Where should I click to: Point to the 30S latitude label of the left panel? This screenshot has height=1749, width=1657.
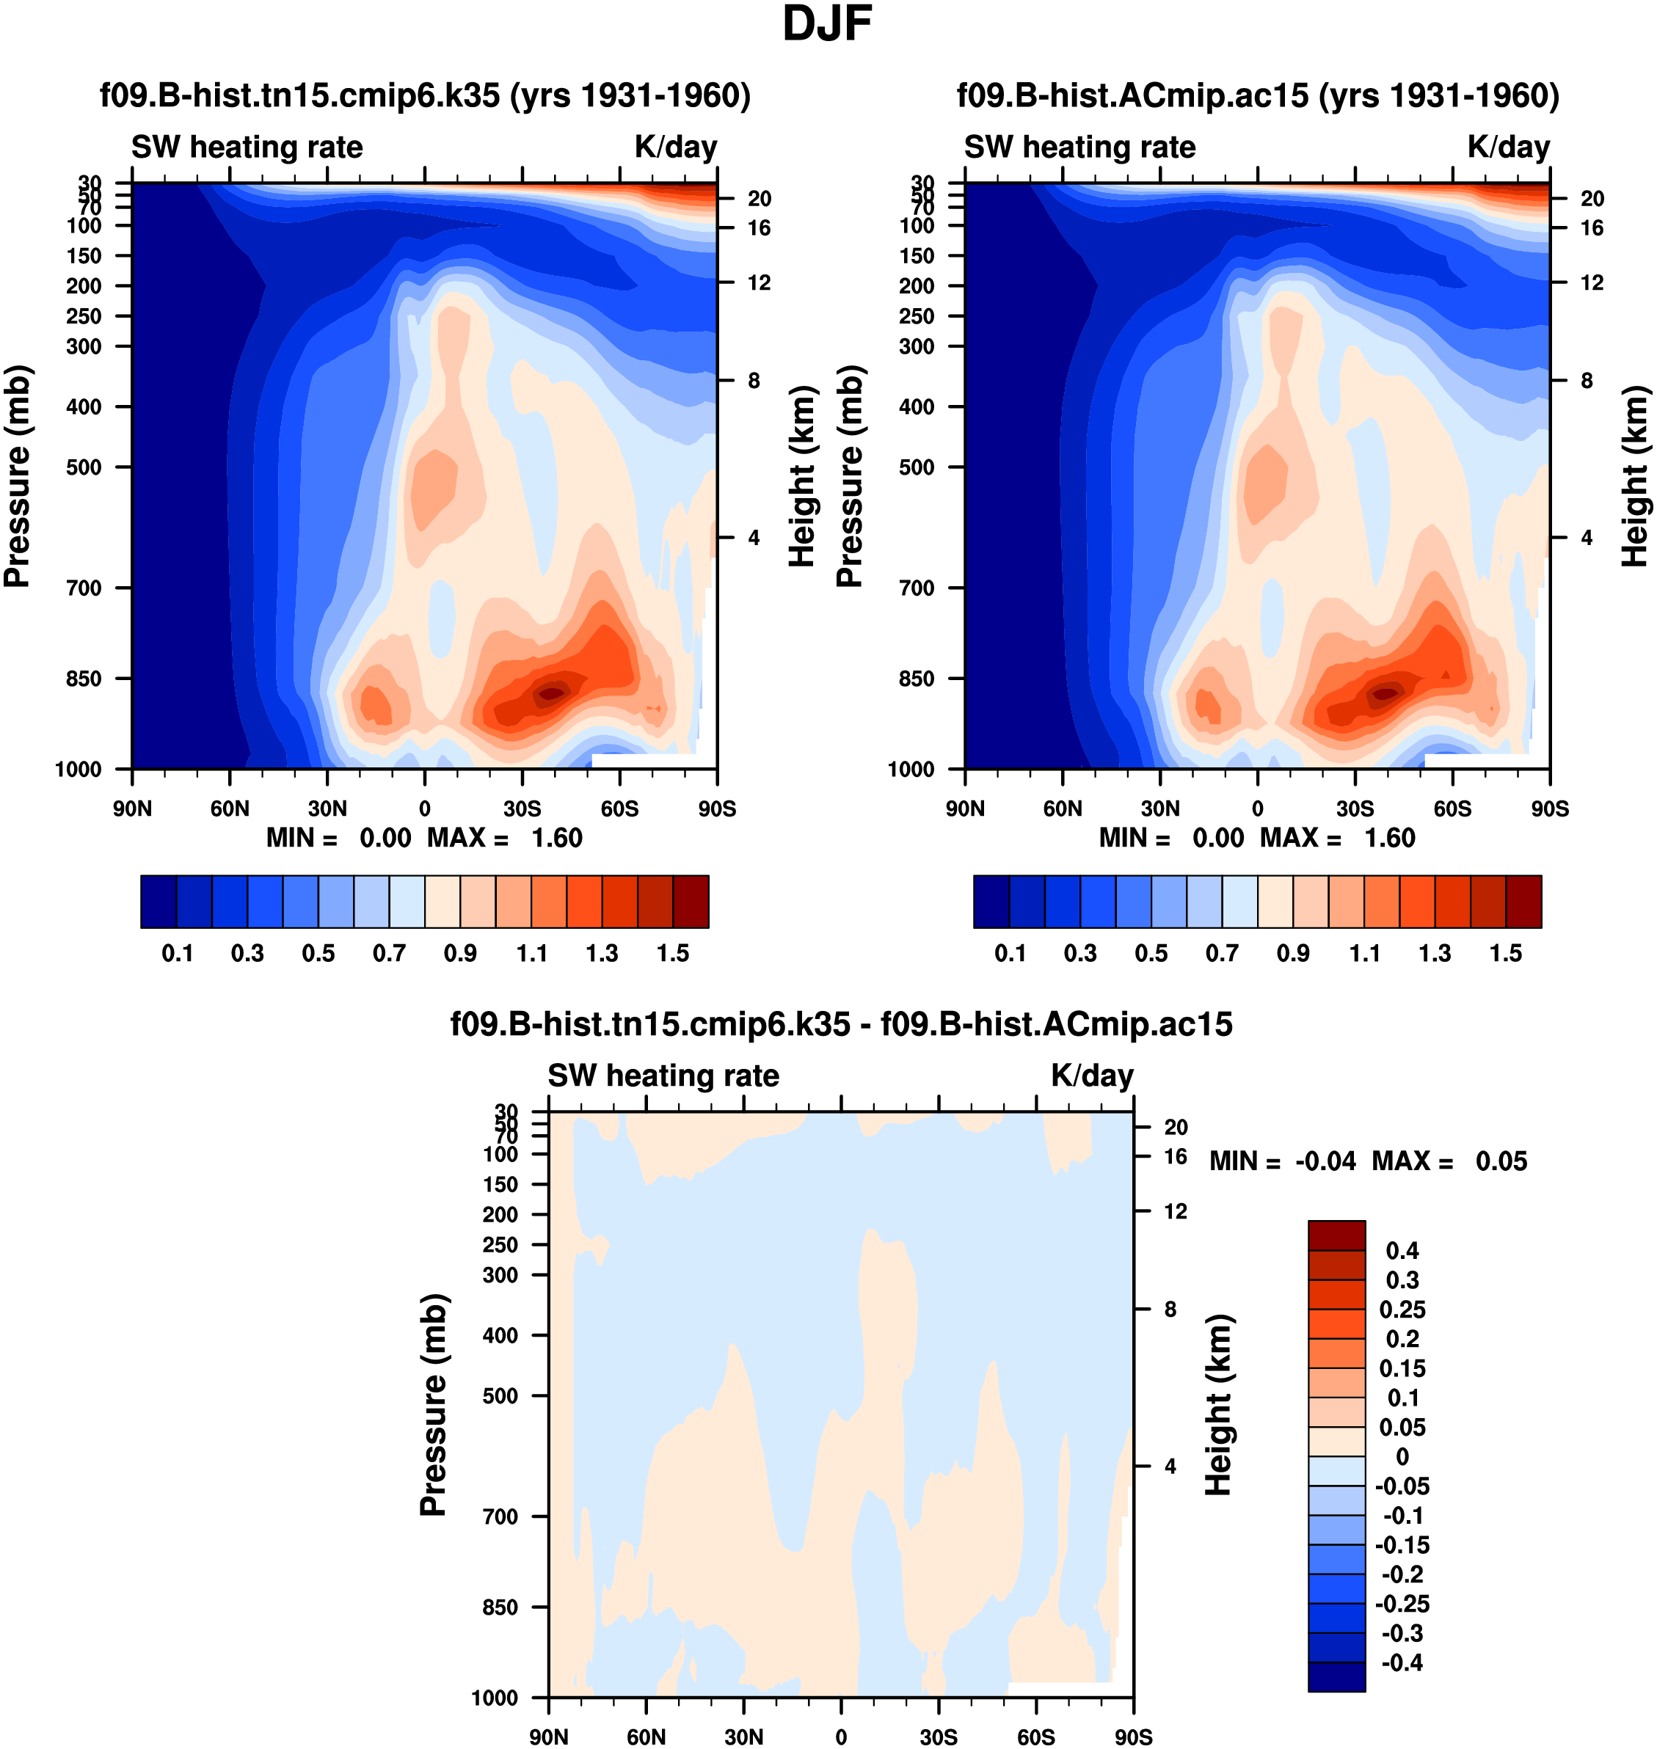tap(522, 808)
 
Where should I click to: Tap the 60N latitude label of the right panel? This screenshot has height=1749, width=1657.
tap(1063, 808)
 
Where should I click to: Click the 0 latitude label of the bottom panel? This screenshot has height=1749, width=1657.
tap(841, 1737)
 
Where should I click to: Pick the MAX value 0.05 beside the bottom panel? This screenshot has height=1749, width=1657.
tap(1501, 1161)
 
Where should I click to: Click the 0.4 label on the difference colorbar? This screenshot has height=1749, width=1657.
tap(1402, 1251)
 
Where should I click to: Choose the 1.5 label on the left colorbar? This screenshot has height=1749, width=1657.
tap(673, 954)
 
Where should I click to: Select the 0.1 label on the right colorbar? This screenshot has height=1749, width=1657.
tap(1010, 954)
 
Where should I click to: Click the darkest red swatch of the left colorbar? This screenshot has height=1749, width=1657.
tap(691, 902)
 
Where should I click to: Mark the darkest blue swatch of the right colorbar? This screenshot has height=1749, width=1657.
tap(991, 902)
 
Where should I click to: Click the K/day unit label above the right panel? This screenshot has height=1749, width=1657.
tap(1509, 147)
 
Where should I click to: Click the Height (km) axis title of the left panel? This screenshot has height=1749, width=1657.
tap(801, 477)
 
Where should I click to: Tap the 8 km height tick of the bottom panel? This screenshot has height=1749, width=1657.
tap(1170, 1310)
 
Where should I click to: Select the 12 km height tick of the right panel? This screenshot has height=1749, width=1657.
tap(1592, 282)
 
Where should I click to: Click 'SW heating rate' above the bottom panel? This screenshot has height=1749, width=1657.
tap(663, 1076)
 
